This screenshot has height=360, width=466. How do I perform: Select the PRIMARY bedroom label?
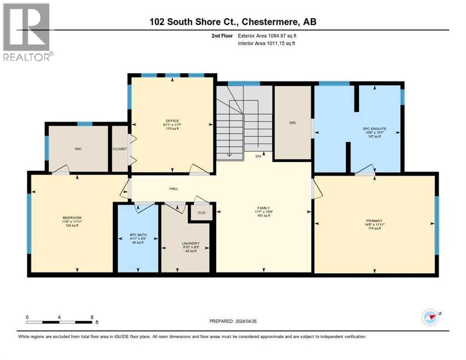tap(375, 221)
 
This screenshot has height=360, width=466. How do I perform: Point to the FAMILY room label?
tap(263, 208)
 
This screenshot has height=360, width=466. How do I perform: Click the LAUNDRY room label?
tap(191, 243)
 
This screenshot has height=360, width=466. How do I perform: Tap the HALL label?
tap(173, 188)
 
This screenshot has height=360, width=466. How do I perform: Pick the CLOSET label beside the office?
tap(119, 149)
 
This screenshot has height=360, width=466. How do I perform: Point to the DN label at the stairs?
tap(258, 156)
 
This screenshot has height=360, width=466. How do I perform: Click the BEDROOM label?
tap(72, 217)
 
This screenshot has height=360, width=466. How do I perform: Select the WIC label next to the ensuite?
tap(293, 123)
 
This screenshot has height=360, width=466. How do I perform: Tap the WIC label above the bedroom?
tap(78, 149)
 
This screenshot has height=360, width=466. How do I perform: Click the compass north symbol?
tap(430, 317)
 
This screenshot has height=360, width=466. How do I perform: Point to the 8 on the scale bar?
tap(92, 317)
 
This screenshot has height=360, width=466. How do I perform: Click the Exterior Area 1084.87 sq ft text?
tap(267, 36)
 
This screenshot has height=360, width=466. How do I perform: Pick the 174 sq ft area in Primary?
tap(375, 229)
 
